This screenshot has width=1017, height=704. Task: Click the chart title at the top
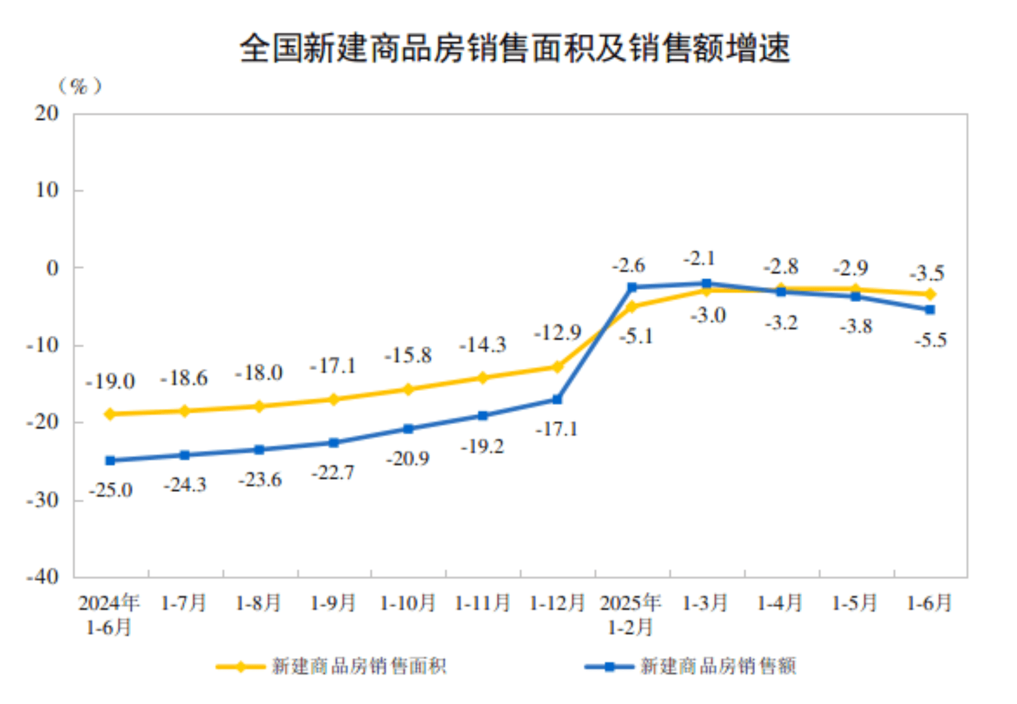pyautogui.click(x=514, y=48)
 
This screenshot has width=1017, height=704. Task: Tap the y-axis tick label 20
pyautogui.click(x=47, y=113)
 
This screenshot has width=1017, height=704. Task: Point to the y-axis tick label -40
pyautogui.click(x=42, y=577)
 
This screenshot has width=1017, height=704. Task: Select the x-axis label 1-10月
pyautogui.click(x=407, y=604)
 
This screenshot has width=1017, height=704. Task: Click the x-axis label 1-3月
pyautogui.click(x=705, y=604)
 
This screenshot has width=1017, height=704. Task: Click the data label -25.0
pyautogui.click(x=111, y=490)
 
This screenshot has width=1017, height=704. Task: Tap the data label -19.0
pyautogui.click(x=110, y=382)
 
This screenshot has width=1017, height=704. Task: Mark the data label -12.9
pyautogui.click(x=557, y=333)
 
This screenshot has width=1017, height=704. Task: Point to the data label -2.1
pyautogui.click(x=699, y=259)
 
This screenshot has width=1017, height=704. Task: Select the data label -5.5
pyautogui.click(x=931, y=340)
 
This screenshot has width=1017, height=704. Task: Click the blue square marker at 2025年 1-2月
pyautogui.click(x=632, y=287)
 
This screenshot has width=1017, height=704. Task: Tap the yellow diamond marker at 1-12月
pyautogui.click(x=557, y=367)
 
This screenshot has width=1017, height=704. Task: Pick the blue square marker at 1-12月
pyautogui.click(x=557, y=399)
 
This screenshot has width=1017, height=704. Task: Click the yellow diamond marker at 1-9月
pyautogui.click(x=334, y=399)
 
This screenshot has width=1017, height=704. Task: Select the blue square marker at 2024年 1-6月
pyautogui.click(x=110, y=461)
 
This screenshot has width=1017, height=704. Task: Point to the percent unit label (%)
pyautogui.click(x=80, y=86)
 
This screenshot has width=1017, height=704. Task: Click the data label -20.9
pyautogui.click(x=408, y=458)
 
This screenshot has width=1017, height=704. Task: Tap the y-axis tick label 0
pyautogui.click(x=53, y=268)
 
